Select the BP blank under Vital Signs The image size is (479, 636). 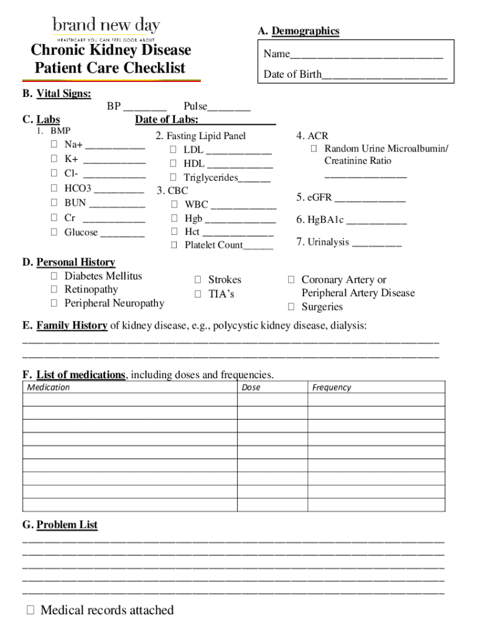[x=145, y=107]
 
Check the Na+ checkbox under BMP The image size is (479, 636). [x=54, y=145]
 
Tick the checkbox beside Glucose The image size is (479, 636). [x=54, y=232]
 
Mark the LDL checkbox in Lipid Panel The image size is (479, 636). [x=174, y=150]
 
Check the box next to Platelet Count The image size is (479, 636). [x=174, y=245]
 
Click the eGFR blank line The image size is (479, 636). [x=370, y=199]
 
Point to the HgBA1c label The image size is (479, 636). [x=320, y=220]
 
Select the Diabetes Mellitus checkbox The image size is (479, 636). [x=54, y=276]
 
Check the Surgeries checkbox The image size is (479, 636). [x=291, y=307]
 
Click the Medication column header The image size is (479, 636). [x=49, y=388]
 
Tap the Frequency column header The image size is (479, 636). [x=332, y=388]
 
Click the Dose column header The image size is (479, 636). [x=251, y=388]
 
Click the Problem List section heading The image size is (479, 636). [x=67, y=525]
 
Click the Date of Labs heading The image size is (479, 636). [x=167, y=120]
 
